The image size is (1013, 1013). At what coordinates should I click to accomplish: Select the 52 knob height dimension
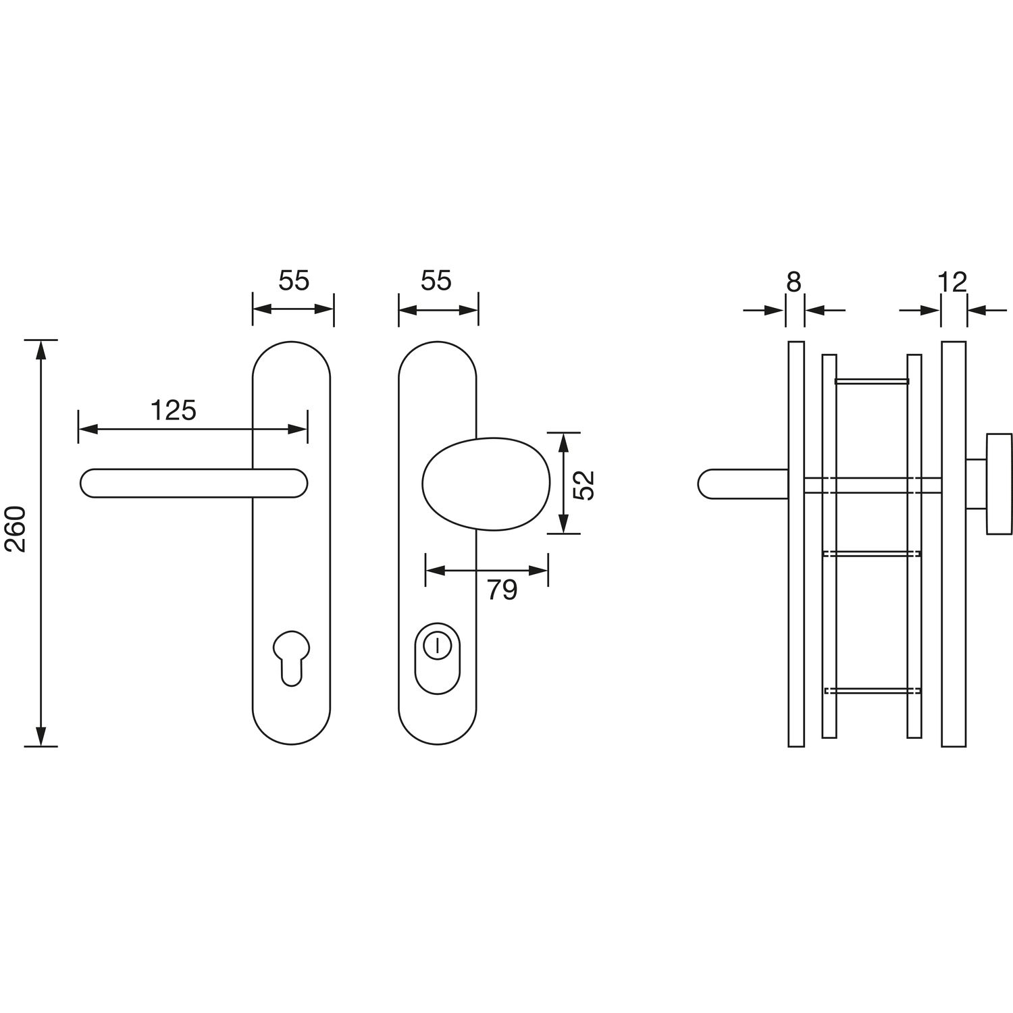[x=586, y=484]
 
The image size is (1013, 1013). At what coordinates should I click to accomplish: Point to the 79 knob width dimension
[x=502, y=590]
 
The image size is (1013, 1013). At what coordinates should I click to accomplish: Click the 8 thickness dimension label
[x=794, y=282]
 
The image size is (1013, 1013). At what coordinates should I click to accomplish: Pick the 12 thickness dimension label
[x=953, y=282]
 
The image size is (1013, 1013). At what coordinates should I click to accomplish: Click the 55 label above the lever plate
[x=294, y=280]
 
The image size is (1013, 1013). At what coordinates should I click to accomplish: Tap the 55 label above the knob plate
[x=436, y=280]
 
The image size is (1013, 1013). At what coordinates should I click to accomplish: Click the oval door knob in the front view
[x=486, y=484]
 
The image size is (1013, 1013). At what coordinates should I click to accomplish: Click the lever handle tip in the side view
[x=704, y=484]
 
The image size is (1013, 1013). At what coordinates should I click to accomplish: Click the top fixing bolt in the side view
[x=872, y=382]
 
